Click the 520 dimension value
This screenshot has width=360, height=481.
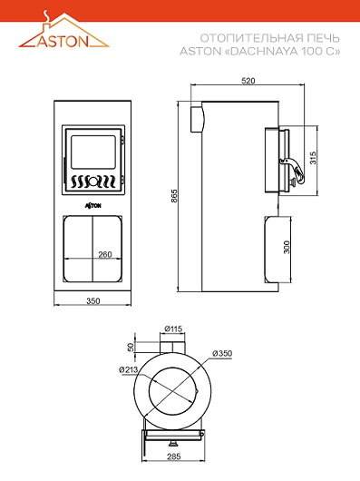(248, 81)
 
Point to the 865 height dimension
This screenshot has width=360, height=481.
(174, 196)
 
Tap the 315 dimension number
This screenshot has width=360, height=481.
(313, 157)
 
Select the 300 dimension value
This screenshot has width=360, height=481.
(287, 247)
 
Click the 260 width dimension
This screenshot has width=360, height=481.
(105, 254)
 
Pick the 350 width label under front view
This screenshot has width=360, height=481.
(92, 301)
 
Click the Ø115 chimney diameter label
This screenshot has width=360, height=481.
(173, 329)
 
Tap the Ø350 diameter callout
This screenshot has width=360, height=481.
(222, 353)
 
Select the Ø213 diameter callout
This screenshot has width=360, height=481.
(129, 369)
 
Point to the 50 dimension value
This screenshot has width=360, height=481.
(131, 347)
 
